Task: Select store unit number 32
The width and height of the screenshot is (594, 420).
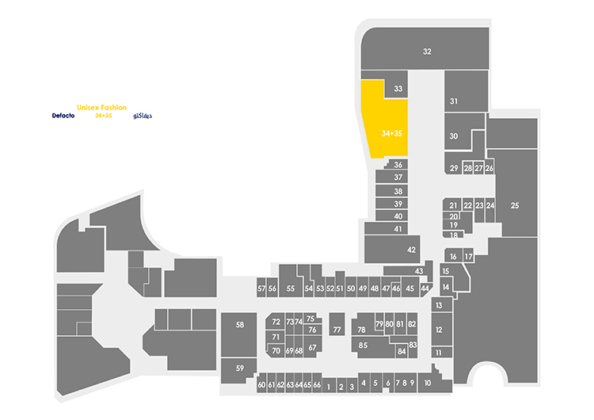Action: (x=425, y=48)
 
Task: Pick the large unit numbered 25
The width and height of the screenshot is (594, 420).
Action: (x=516, y=193)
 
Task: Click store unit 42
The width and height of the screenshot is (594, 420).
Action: (x=392, y=249)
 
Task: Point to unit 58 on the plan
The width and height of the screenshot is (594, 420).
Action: (x=239, y=334)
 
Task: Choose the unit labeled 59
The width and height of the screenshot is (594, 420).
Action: (x=238, y=370)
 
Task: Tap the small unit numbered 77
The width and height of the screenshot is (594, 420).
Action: (x=337, y=324)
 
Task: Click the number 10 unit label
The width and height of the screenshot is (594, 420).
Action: (x=428, y=384)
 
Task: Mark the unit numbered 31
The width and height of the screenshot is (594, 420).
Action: (x=466, y=91)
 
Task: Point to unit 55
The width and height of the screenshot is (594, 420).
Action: (x=291, y=281)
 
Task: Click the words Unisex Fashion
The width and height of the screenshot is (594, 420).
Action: (x=101, y=108)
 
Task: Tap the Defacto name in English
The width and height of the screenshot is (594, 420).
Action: (x=63, y=116)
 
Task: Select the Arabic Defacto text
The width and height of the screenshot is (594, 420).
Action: (x=143, y=116)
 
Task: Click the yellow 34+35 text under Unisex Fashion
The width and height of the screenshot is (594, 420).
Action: (x=104, y=116)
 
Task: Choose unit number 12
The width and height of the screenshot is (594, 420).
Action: (x=442, y=329)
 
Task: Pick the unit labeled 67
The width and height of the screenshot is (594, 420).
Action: (x=313, y=346)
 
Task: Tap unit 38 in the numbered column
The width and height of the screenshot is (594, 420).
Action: (x=392, y=191)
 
